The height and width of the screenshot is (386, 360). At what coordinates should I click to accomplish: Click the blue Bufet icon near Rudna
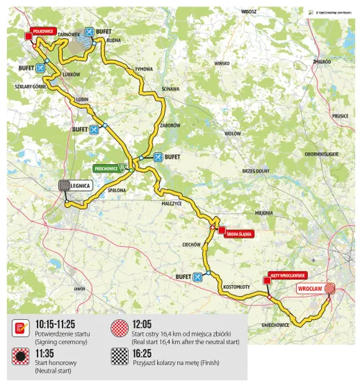tap(89, 32)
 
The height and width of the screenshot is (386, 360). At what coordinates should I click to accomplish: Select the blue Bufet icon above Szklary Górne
tap(40, 68)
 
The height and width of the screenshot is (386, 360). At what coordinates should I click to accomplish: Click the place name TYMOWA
tap(144, 68)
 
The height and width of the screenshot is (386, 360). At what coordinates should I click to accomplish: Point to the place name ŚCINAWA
tap(171, 89)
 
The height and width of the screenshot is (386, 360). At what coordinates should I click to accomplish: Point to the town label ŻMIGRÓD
tap(322, 62)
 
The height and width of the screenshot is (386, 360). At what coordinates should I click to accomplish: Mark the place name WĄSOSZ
tap(250, 12)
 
